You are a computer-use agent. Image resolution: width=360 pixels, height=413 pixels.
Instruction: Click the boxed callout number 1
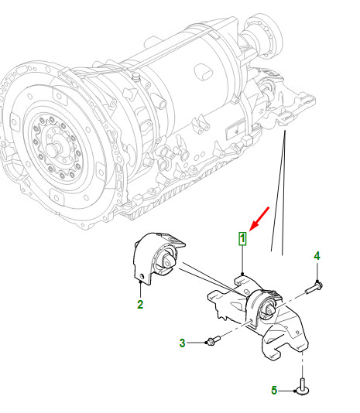coord(242,239)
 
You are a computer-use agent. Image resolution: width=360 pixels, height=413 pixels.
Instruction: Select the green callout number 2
coord(140,304)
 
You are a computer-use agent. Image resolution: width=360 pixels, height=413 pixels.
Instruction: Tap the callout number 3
coord(182,343)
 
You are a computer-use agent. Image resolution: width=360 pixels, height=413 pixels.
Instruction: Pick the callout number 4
coord(317,256)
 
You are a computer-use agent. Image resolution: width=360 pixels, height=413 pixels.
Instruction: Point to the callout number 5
coord(274,391)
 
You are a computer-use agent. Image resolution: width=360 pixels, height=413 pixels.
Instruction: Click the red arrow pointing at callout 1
coord(259,219)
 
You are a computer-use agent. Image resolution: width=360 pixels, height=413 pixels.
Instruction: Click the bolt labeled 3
coord(214,340)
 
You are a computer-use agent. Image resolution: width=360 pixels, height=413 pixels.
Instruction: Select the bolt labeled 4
coord(314,288)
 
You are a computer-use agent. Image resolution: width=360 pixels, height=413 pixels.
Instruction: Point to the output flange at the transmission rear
coord(264,34)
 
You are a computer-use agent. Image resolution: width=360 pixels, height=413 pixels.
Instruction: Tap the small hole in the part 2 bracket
coord(142,276)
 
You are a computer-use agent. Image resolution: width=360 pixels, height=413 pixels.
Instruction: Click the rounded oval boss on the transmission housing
coord(204,71)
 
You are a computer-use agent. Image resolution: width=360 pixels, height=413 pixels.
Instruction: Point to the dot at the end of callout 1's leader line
coord(242,274)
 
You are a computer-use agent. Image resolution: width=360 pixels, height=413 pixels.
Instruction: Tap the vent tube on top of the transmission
coord(136,77)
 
